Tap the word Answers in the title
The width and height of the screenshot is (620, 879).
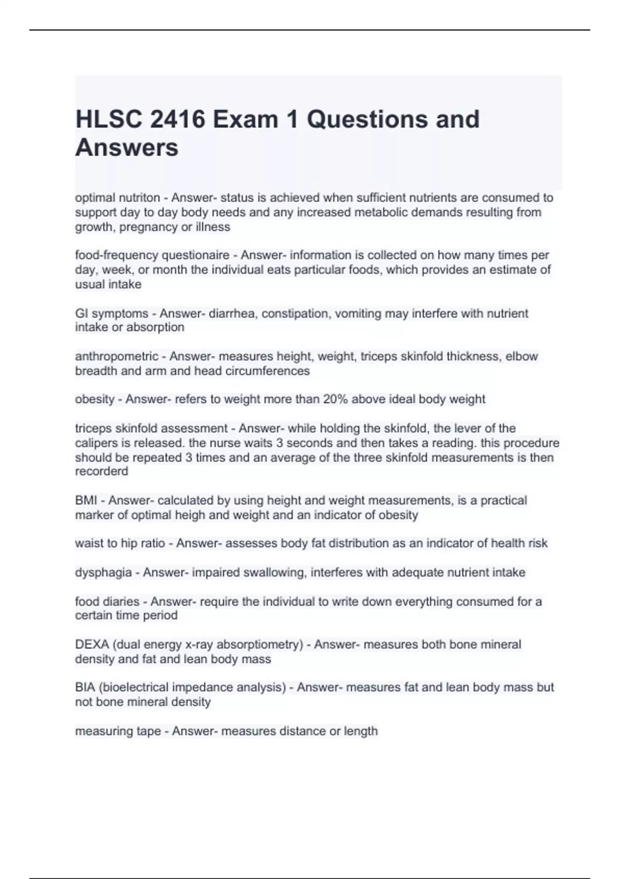coord(127,147)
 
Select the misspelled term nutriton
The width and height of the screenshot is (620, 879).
coord(139,198)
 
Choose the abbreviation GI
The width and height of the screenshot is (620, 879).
coord(82,313)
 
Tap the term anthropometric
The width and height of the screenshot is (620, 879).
coord(117,356)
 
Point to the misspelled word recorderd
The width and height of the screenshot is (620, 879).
coord(101,471)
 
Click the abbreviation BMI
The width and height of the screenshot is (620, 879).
coord(86,501)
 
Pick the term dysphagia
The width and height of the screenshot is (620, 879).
coord(103,572)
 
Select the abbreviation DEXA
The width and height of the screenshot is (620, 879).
coord(92,644)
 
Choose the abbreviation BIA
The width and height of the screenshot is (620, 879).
coord(85,687)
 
